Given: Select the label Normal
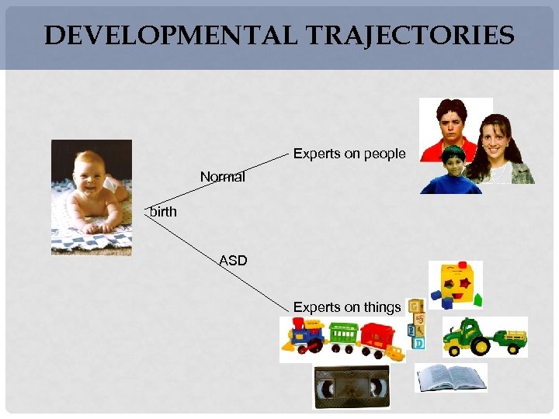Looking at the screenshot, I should pos(222,177).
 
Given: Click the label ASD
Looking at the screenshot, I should pos(233,261).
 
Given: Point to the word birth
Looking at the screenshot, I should pos(163,211).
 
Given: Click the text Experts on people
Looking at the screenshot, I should pos(349,154).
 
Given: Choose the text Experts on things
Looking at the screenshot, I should pos(347,307).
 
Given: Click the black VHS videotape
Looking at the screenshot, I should pos(351,386).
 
